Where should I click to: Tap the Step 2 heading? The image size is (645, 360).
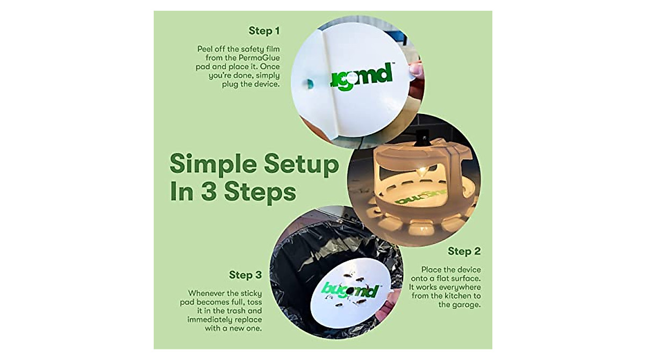464,251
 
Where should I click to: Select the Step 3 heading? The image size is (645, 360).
245,275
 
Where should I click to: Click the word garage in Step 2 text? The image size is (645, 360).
460,305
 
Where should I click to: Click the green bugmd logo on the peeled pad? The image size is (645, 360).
361,78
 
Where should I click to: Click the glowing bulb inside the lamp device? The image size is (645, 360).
422,170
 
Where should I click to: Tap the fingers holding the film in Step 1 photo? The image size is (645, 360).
415,70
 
